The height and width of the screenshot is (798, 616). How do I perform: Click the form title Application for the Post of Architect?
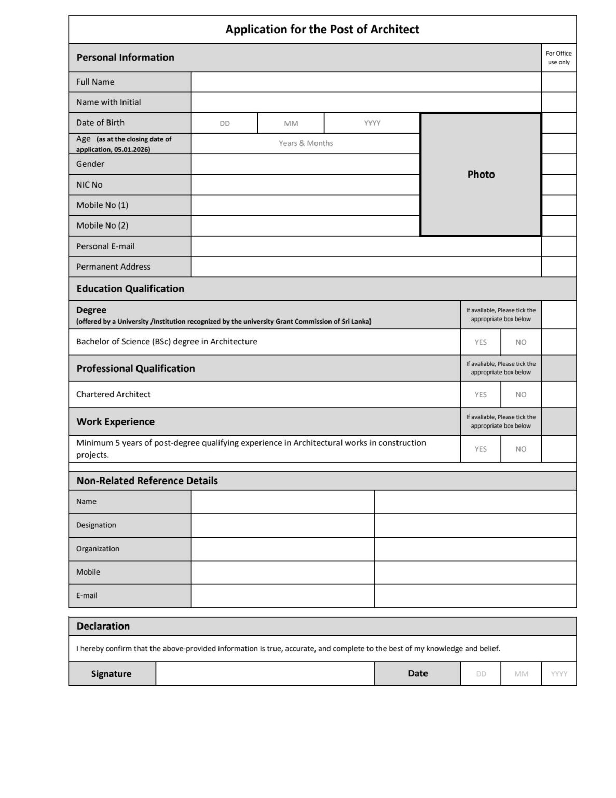[x=322, y=29]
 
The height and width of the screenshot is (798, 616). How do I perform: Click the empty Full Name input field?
[x=366, y=82]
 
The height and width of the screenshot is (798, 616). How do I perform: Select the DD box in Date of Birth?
[x=224, y=123]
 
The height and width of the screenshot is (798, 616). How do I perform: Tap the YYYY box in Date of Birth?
[x=372, y=123]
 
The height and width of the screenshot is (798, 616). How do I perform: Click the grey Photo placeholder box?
[x=481, y=175]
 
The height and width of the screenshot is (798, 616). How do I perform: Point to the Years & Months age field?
[x=305, y=143]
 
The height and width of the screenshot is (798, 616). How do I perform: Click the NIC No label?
[x=89, y=184]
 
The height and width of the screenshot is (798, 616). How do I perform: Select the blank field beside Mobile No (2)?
[x=305, y=226]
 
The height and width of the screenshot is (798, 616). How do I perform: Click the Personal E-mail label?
[x=105, y=246]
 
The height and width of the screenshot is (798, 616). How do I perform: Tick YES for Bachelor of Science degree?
[x=481, y=342]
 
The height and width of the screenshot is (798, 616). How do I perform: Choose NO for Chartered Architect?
[x=521, y=395]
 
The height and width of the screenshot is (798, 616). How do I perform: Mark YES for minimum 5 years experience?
[x=481, y=449]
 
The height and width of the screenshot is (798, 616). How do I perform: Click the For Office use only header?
[x=559, y=58]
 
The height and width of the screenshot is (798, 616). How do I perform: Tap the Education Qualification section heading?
[x=130, y=289]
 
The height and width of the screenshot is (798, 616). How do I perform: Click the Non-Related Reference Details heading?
[x=147, y=481]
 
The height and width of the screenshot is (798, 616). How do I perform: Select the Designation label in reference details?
[x=96, y=525]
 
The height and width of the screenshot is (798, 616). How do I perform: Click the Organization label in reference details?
[x=98, y=549]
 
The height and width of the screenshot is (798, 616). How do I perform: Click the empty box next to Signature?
[x=265, y=674]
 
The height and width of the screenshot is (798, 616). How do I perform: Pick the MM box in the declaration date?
[x=521, y=674]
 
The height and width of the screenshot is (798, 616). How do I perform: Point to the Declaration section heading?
[x=103, y=627]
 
